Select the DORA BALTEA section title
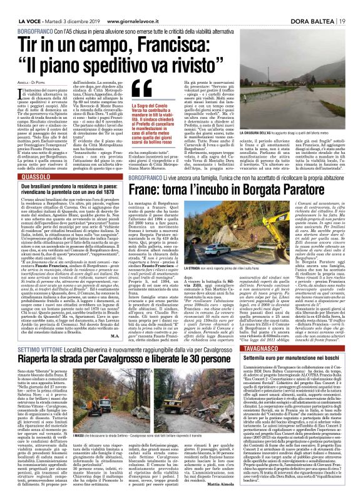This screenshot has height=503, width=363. point(313,6)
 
